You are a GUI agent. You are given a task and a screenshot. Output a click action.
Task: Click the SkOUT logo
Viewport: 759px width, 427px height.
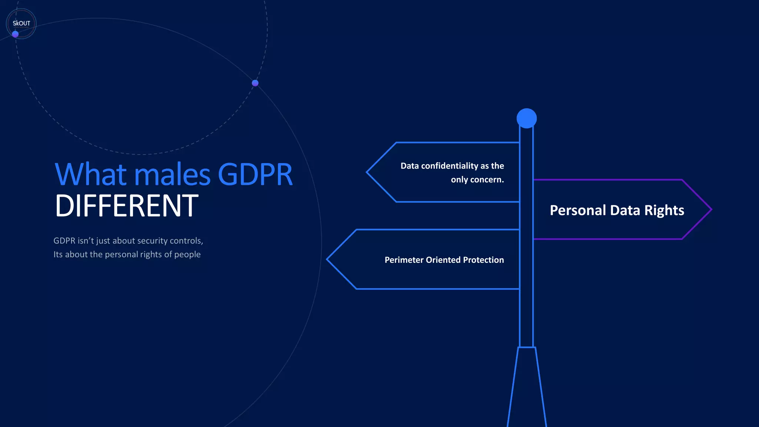(21, 23)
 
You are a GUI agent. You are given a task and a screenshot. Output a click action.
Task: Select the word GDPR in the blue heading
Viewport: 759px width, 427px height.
(255, 174)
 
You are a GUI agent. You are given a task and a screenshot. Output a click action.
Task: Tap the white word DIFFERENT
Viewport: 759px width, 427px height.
(126, 206)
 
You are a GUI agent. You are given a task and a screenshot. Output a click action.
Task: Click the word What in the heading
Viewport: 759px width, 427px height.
(90, 174)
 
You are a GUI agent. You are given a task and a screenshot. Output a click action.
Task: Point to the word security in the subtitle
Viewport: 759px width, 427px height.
(152, 241)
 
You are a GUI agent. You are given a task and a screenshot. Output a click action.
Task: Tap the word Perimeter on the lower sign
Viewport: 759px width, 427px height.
(404, 260)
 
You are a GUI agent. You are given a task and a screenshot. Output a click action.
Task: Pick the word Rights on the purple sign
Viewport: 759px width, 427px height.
(664, 210)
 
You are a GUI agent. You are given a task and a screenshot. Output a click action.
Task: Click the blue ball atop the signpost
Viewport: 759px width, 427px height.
(527, 118)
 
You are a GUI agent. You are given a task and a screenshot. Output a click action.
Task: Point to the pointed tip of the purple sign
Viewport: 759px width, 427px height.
(710, 209)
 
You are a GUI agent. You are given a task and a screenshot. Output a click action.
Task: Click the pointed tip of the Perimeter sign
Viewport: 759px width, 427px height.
(328, 259)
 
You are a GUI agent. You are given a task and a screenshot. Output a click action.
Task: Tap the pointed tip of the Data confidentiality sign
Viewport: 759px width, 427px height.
(368, 172)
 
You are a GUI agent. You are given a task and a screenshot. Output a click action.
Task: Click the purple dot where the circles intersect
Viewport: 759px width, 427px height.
(255, 83)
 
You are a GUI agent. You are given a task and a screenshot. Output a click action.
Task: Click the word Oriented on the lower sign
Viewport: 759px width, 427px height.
(443, 260)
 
